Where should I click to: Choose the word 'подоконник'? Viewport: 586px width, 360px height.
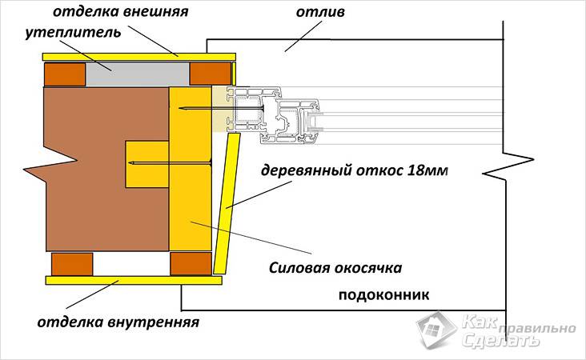[x=385, y=294]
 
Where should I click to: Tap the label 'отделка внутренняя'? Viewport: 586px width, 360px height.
[x=118, y=323]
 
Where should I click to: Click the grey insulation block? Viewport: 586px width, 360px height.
[x=138, y=74]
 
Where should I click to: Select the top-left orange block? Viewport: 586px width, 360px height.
[x=65, y=75]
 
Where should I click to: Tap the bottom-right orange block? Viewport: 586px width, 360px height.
[x=191, y=263]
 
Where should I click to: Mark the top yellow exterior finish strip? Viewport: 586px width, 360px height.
[x=138, y=56]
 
